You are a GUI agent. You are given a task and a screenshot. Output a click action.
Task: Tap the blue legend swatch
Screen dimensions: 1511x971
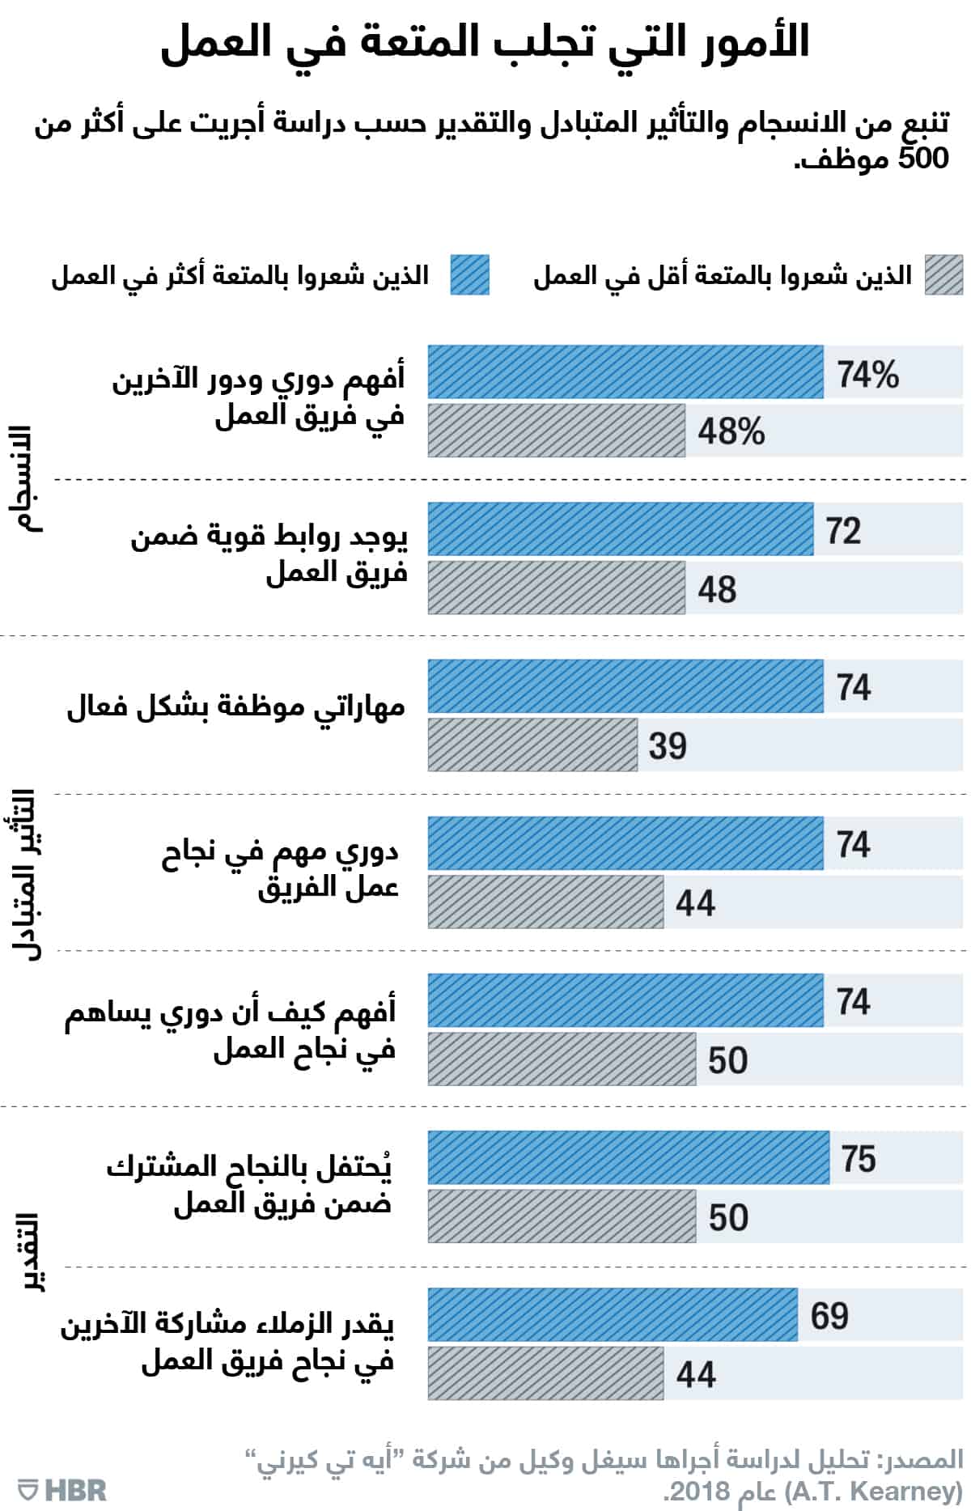(469, 275)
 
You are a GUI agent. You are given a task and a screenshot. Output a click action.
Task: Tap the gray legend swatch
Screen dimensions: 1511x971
(943, 275)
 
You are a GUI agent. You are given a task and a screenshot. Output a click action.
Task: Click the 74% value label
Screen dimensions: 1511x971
(867, 375)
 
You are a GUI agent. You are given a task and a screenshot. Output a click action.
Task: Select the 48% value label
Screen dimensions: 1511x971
(731, 431)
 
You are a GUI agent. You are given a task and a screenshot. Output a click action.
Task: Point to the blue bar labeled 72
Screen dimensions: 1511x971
(620, 529)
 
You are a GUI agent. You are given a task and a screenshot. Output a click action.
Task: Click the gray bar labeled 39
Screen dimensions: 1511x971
(532, 745)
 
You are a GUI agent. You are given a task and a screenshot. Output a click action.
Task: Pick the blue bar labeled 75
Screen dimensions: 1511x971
(628, 1157)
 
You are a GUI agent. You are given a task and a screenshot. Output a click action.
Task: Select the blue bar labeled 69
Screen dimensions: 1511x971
(613, 1314)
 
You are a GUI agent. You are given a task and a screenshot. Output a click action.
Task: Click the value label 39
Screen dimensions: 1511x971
(667, 745)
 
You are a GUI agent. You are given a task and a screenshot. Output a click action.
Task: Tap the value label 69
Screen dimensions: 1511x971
(829, 1315)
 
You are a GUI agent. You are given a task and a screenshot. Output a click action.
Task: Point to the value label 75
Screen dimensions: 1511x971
(859, 1158)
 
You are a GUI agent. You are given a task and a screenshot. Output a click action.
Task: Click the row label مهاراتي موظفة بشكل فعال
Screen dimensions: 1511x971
(235, 707)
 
